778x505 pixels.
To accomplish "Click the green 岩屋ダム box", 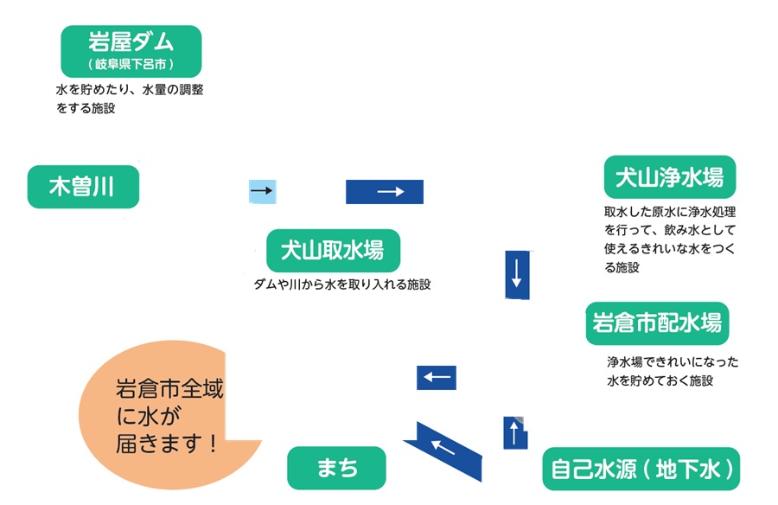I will click(x=131, y=50).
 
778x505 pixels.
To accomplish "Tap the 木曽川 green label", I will click(x=83, y=187).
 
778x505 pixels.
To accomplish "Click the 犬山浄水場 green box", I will click(x=669, y=178).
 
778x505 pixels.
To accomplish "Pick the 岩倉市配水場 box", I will click(x=657, y=324).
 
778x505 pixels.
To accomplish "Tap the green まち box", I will click(x=336, y=469).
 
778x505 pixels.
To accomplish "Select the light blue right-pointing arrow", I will click(x=262, y=190).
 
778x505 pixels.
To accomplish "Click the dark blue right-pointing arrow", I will click(x=385, y=191).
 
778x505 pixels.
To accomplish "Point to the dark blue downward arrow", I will click(x=516, y=274).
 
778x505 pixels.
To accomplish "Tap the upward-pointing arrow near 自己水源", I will click(x=515, y=432).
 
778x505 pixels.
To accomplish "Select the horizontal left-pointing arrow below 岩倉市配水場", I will click(x=437, y=378).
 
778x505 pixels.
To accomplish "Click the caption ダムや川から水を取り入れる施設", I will click(x=341, y=284).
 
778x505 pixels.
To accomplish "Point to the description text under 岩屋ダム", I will click(x=130, y=99).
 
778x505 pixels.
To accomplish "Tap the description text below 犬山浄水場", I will click(x=675, y=240).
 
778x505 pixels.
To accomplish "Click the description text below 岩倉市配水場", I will click(x=673, y=371).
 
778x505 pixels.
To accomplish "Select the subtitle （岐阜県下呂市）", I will click(x=131, y=65).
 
